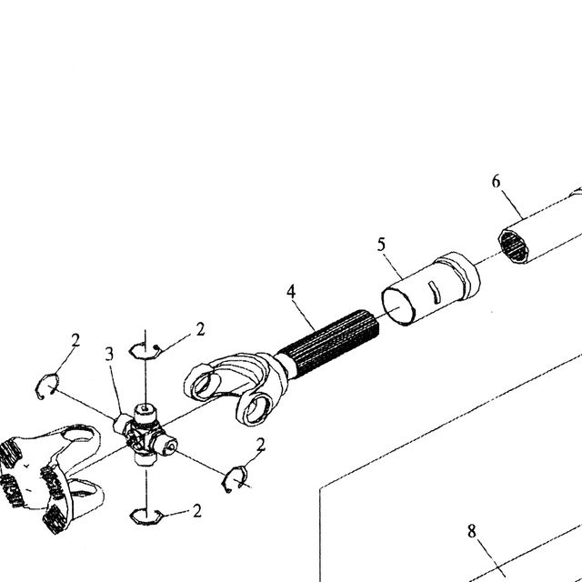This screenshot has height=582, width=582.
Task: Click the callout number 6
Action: (x=497, y=182)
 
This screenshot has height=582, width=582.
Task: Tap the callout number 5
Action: (x=381, y=245)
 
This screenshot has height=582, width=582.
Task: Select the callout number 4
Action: (x=291, y=292)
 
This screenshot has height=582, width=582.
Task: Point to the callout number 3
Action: (x=109, y=354)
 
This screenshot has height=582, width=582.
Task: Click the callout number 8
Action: (x=471, y=531)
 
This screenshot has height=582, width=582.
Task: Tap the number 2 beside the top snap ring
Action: (x=200, y=329)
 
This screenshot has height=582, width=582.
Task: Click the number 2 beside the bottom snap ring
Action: (x=197, y=511)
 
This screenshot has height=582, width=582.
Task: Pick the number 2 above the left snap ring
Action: (x=75, y=340)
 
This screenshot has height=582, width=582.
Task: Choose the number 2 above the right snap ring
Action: (x=261, y=445)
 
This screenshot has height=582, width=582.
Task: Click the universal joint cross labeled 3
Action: (x=145, y=435)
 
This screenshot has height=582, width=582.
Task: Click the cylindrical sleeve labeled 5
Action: (x=430, y=289)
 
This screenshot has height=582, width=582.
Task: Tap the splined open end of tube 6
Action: (x=514, y=246)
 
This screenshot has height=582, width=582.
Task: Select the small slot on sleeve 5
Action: (x=434, y=290)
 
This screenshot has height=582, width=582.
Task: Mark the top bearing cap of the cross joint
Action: (x=145, y=412)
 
